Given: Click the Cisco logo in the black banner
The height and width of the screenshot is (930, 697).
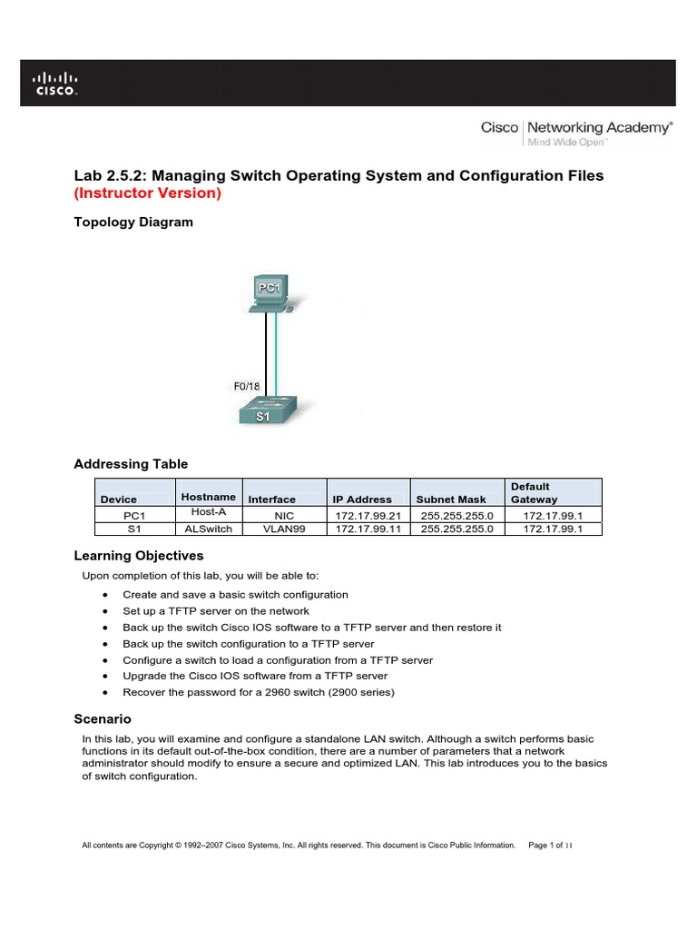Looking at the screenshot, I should [x=56, y=83].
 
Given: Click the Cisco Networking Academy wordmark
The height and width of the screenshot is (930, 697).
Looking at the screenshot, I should [x=576, y=133].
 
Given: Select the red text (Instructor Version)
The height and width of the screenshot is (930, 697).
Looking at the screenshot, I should [x=147, y=193].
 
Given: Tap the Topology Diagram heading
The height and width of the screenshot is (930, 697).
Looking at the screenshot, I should [x=133, y=222].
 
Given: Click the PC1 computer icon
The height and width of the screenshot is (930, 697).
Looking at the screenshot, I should [x=268, y=295].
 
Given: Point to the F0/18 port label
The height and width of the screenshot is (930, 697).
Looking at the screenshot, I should [x=247, y=386].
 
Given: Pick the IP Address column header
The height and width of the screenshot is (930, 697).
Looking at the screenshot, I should [x=362, y=500].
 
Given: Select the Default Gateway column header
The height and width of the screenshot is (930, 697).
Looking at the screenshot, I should [x=535, y=493].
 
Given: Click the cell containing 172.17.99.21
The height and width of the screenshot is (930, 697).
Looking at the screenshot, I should [x=368, y=515].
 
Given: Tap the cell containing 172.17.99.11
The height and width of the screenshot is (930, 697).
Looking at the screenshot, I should [x=368, y=529].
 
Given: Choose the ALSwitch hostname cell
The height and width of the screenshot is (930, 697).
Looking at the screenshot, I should [x=208, y=529].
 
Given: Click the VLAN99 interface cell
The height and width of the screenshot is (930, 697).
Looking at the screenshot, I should [x=285, y=529].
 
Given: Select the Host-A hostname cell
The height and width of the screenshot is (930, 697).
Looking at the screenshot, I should [x=208, y=513].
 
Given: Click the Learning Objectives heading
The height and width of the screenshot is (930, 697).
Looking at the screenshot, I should [x=138, y=555].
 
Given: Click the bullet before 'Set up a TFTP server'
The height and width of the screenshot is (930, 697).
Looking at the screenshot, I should [x=107, y=611].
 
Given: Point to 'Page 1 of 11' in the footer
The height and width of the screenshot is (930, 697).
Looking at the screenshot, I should [x=550, y=846].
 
